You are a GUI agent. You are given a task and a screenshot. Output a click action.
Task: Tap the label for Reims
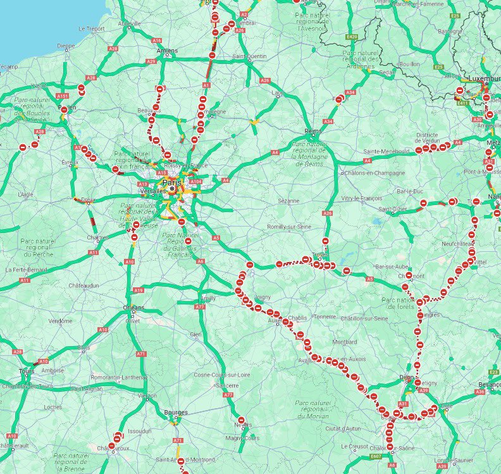(x=312, y=132)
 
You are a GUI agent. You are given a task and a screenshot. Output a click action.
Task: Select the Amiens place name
(x=168, y=51)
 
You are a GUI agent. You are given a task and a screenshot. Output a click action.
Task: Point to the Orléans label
(x=133, y=308)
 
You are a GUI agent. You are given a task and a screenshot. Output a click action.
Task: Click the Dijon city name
(x=407, y=377)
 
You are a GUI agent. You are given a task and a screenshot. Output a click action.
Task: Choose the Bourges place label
(x=175, y=412)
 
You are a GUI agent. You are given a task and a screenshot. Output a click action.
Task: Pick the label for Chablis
(x=297, y=318)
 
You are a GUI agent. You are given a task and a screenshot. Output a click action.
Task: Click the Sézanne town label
(x=288, y=201)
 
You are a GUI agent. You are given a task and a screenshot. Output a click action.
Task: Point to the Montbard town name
(x=345, y=342)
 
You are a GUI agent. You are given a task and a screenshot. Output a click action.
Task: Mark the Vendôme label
(x=61, y=321)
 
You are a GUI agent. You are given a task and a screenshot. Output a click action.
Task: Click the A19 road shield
(x=139, y=290)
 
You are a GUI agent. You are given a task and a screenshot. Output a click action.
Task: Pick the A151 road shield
(x=62, y=96)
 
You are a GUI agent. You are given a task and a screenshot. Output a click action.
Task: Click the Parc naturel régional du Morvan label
(x=313, y=409)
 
